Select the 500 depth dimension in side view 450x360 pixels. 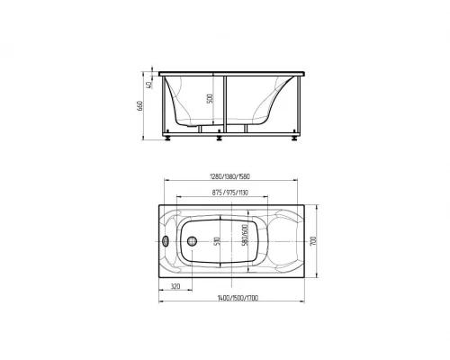tap(210, 98)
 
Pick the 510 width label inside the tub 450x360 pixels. tap(218, 241)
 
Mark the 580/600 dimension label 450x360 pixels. tap(246, 238)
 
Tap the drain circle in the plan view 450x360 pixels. tap(192, 241)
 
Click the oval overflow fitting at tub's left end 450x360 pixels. tap(166, 241)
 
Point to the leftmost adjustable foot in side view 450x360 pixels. tap(169, 138)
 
